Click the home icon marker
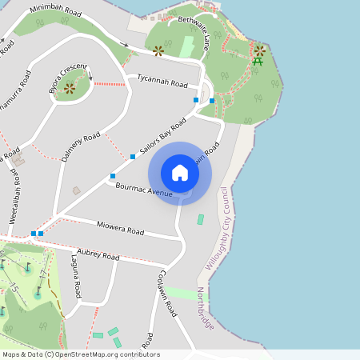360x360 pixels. tap(180, 173)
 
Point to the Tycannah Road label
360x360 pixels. tap(162, 82)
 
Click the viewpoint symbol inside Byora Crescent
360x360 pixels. tap(70, 88)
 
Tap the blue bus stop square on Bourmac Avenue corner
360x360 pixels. tap(113, 176)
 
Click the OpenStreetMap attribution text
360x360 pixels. tap(81, 354)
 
